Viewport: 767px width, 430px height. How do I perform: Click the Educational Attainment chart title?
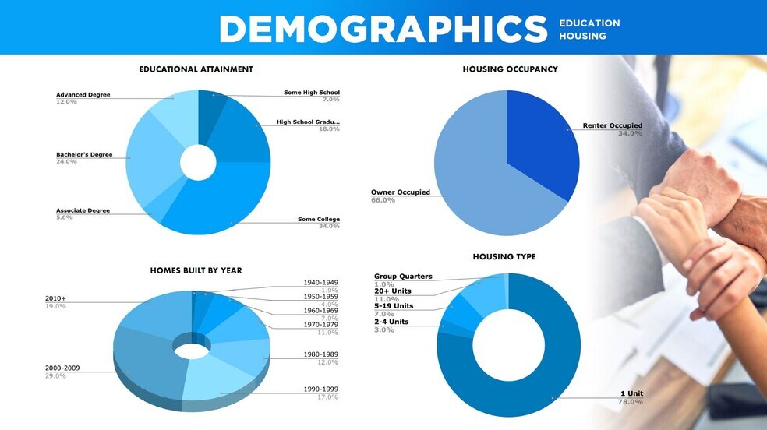pos(196,69)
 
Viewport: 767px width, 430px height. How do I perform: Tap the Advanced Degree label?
pos(83,95)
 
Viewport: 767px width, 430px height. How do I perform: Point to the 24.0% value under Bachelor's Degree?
pos(66,161)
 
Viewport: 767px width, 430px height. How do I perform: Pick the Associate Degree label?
pos(83,210)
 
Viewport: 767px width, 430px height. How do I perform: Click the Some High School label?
pos(311,93)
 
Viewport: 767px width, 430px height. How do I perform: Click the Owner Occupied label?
pos(400,192)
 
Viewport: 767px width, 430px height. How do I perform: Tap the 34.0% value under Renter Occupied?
pos(630,133)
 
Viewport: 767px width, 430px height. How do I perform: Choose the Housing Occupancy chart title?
pos(510,69)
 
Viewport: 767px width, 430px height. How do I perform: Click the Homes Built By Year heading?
pos(196,270)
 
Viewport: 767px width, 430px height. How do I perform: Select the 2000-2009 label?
pos(62,368)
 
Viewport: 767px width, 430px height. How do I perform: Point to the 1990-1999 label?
pos(320,389)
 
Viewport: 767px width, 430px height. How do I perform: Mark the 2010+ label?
pos(56,298)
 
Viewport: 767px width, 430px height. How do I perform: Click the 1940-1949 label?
pos(320,282)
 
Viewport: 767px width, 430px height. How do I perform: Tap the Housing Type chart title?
pos(504,257)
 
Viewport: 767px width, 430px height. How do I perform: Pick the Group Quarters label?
pos(403,277)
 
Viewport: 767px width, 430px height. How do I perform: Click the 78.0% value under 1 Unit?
pos(631,402)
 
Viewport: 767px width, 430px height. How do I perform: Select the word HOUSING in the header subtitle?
pos(582,36)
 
